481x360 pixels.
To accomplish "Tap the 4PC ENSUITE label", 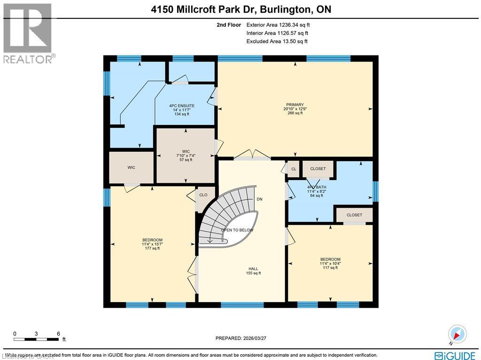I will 181,106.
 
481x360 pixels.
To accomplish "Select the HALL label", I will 253,269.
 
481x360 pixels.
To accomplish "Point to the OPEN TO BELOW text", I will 237,230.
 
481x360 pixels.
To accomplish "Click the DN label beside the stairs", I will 259,199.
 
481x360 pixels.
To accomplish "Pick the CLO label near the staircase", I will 203,195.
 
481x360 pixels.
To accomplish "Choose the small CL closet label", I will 294,169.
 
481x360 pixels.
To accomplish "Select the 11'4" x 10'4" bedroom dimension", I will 330,264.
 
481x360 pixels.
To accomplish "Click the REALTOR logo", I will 29,33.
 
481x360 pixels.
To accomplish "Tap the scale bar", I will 37,338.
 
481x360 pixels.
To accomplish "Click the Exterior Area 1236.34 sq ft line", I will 277,25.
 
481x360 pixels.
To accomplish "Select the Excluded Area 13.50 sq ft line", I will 277,41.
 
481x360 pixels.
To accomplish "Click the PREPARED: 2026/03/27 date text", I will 243,338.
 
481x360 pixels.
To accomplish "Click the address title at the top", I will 240,8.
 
